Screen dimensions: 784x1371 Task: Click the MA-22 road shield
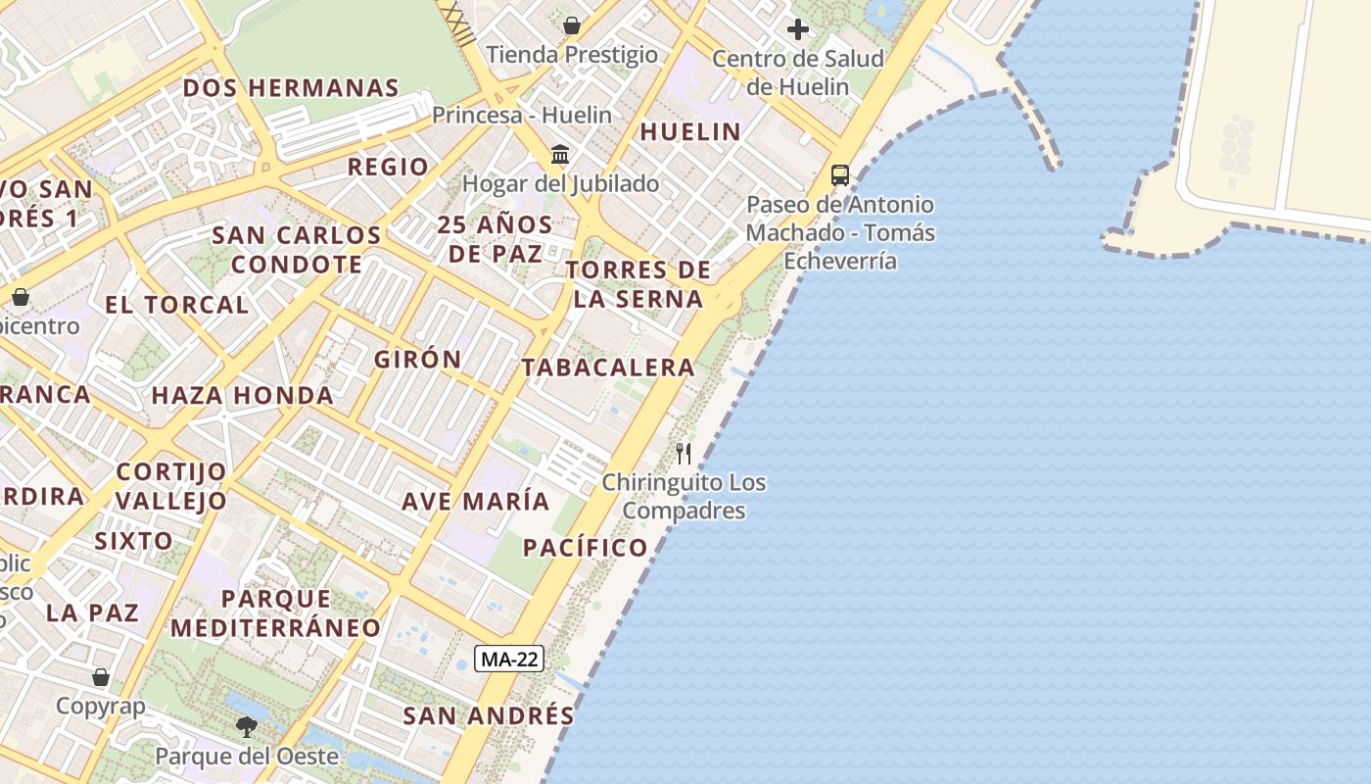click(509, 659)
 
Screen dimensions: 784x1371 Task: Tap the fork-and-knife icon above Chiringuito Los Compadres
click(684, 453)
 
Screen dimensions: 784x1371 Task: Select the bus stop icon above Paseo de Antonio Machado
click(840, 175)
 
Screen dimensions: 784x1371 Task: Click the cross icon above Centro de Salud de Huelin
click(798, 29)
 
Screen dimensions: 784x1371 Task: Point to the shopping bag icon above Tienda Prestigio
click(572, 25)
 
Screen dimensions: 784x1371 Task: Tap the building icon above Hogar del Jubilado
click(561, 154)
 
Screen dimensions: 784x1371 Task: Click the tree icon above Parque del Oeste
click(247, 726)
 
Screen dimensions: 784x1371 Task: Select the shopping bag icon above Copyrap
click(101, 676)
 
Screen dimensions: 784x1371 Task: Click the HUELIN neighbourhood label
click(690, 131)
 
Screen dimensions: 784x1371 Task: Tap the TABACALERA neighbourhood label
click(608, 367)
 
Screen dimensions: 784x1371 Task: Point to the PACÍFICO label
click(586, 548)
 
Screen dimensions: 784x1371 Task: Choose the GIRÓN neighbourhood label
click(418, 359)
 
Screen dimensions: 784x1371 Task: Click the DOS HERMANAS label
click(291, 87)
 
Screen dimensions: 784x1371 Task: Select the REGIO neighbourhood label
click(389, 167)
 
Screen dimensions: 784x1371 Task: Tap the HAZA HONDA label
click(242, 396)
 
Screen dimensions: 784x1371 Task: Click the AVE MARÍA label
click(476, 501)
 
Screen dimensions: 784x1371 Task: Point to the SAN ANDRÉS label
click(489, 715)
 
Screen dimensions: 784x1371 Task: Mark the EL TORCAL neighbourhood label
click(177, 304)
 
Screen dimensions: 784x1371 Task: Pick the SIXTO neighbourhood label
click(133, 541)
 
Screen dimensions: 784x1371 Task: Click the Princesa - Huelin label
click(522, 115)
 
